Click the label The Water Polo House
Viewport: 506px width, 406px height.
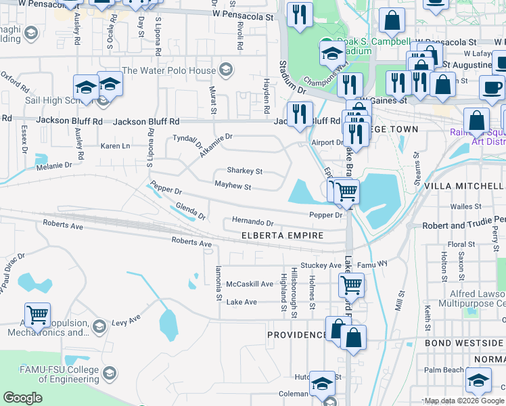[169, 70]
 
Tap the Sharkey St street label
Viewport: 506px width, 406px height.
[244, 171]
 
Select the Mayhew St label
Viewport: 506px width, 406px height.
[233, 185]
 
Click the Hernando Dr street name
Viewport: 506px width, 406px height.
[252, 222]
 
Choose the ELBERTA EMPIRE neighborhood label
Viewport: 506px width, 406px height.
[283, 235]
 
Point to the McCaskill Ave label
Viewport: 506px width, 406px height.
[250, 284]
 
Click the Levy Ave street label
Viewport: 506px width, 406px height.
[126, 318]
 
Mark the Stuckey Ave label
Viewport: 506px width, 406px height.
[321, 265]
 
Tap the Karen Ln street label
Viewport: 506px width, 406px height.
[115, 145]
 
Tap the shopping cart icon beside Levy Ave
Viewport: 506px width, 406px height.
[38, 314]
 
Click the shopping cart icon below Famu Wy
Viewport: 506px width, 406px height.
[351, 286]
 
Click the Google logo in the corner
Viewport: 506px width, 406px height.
[22, 398]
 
